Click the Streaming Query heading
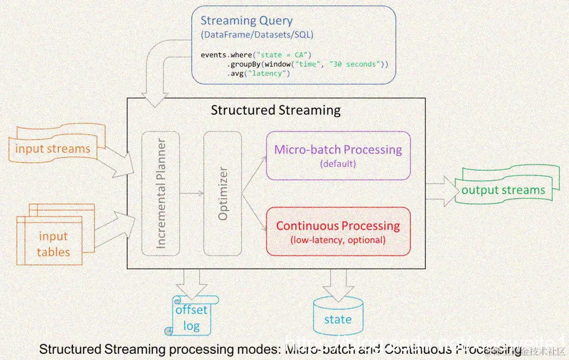(246, 21)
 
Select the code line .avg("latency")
(258, 74)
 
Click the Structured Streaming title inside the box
(275, 110)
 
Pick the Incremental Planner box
(161, 193)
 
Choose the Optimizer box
(222, 193)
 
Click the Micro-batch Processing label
(338, 150)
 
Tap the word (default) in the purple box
(338, 164)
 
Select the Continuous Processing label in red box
(338, 226)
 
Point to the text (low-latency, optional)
(338, 239)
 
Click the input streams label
(53, 149)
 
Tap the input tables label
(53, 244)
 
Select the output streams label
(503, 190)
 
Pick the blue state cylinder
(338, 317)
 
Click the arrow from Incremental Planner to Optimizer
(192, 193)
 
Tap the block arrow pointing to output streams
(442, 191)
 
